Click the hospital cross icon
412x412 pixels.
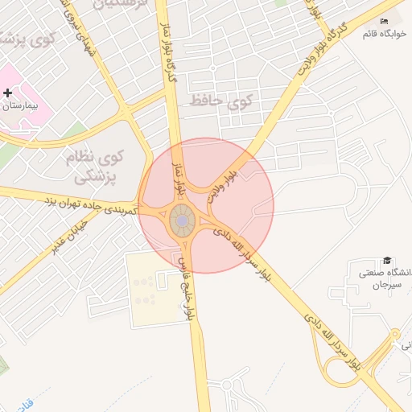click(x=8, y=93)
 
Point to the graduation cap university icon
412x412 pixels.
click(x=388, y=260)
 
